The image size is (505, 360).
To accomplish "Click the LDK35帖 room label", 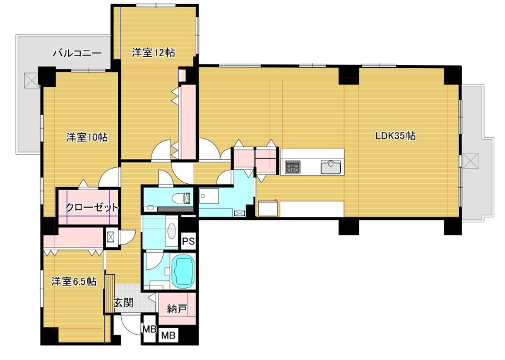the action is pos(396,136).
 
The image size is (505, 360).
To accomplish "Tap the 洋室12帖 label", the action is pos(153,52).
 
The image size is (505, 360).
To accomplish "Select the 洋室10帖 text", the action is pos(87,137).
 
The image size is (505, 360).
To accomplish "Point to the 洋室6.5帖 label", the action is pos(74,281).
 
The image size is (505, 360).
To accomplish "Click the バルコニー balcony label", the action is pos(77,52).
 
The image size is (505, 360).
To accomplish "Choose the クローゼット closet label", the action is pos(92,207).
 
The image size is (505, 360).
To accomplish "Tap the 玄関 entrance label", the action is pos(123,303).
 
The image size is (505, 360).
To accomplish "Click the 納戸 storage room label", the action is pos(177,309).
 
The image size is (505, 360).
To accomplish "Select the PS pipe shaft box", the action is pos(188,241).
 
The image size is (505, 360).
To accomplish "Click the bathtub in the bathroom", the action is pos(184,272).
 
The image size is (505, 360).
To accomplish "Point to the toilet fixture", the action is pos(181,198).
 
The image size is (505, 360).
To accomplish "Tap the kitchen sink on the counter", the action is pos(330,167).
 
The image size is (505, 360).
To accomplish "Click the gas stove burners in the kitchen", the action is pos(293,167).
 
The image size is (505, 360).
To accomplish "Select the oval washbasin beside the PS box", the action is pos(172,231).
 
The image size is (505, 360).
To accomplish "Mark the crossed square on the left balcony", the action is pos(32,80).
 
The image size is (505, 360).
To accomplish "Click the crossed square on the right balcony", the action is pos(470,160).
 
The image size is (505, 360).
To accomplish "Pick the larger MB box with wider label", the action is pos(168,335).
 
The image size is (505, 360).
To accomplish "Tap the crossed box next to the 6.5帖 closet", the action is pos(110,237).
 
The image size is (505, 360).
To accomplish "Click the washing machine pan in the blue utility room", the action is pos(209,196).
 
